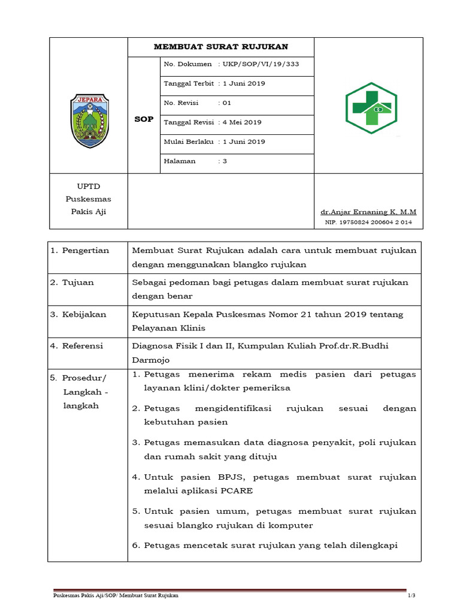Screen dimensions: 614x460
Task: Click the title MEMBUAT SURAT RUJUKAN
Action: (x=221, y=47)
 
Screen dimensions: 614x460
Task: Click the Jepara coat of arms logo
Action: (x=89, y=121)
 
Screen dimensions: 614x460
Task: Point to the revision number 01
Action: (x=226, y=103)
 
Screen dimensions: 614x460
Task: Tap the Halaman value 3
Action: (x=225, y=161)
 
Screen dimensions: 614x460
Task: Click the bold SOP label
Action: (x=144, y=119)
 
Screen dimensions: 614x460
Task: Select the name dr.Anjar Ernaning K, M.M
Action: (x=368, y=212)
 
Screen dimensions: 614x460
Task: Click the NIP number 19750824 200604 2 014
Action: (x=368, y=222)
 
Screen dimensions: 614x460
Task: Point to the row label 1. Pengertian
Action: (x=80, y=251)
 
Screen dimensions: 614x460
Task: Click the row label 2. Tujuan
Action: (x=72, y=282)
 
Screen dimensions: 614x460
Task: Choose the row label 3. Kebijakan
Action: (x=78, y=314)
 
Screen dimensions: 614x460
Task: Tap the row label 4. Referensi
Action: (x=77, y=346)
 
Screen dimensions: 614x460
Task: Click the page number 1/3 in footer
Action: (x=411, y=595)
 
